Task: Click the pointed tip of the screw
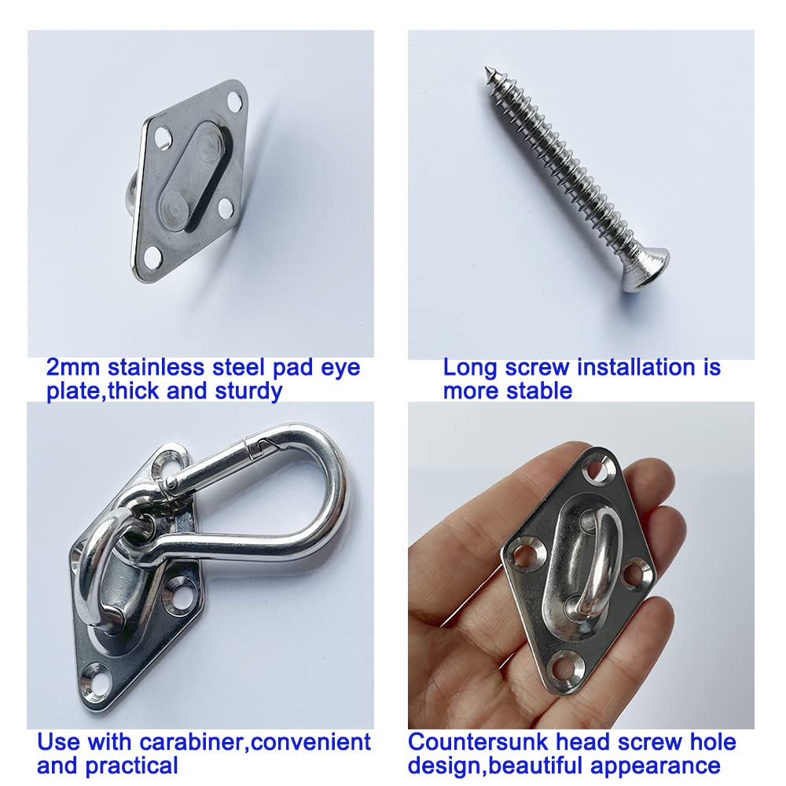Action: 487,72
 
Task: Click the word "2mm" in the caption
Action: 74,367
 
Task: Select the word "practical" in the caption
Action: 134,765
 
